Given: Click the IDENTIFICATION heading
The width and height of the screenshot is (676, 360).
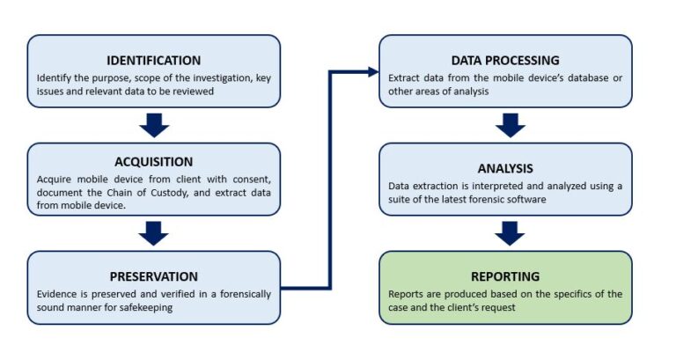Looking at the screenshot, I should tap(153, 61).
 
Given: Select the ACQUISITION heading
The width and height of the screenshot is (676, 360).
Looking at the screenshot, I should tap(153, 161).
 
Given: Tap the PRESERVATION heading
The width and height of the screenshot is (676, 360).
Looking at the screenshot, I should tap(153, 276).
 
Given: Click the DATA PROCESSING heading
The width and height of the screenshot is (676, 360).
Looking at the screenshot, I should tap(505, 61).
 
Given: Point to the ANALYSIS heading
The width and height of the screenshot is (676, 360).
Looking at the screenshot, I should tap(505, 167).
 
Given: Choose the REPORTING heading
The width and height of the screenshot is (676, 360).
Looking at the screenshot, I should tap(505, 276).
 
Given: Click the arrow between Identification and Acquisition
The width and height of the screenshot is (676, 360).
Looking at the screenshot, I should tap(154, 125).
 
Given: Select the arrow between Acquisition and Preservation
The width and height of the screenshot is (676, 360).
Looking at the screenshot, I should tap(154, 233).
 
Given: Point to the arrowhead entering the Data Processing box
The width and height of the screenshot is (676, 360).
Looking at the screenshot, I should tap(371, 70).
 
